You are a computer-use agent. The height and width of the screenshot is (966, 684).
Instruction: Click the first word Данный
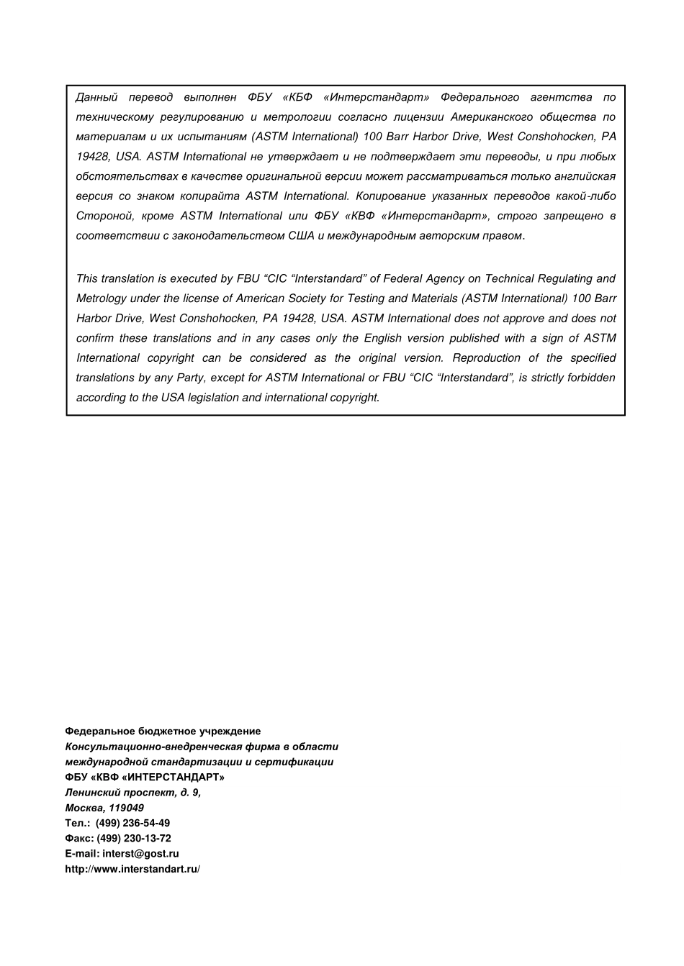click(96, 97)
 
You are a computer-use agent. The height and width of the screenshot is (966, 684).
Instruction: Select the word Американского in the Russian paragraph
click(492, 117)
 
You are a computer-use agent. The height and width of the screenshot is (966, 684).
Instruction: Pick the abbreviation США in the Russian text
click(301, 235)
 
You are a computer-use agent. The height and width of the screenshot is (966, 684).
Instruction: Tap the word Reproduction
click(486, 358)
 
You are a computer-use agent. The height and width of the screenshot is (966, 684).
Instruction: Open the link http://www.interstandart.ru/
click(132, 869)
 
